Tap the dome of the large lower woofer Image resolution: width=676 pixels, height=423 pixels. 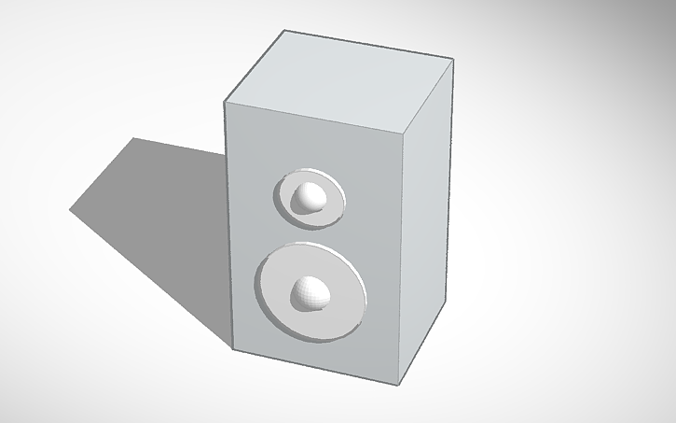pos(310,292)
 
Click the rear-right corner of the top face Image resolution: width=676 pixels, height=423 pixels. pos(454,59)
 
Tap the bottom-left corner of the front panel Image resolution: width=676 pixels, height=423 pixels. pos(231,350)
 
